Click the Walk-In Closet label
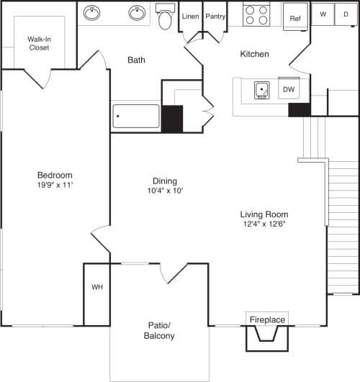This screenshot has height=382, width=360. coord(40,44)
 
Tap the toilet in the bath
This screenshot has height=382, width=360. coord(165,18)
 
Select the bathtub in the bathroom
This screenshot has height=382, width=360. coord(136,117)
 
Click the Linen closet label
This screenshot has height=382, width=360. coord(190,16)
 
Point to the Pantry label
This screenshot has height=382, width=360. coord(215,16)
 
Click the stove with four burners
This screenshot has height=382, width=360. coord(255,15)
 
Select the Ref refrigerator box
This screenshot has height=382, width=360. coord(294,19)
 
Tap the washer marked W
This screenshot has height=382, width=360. coord(323,14)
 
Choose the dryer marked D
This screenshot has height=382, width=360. coord(346,14)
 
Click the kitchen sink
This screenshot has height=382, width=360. coord(262,90)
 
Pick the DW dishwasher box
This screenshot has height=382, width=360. coord(288,90)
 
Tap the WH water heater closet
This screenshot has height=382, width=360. coord(96,288)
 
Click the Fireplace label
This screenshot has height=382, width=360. coord(267,319)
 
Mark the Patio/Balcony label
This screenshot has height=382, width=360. coord(159,330)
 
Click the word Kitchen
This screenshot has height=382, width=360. coord(254,54)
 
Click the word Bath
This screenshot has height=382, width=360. coord(137,60)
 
